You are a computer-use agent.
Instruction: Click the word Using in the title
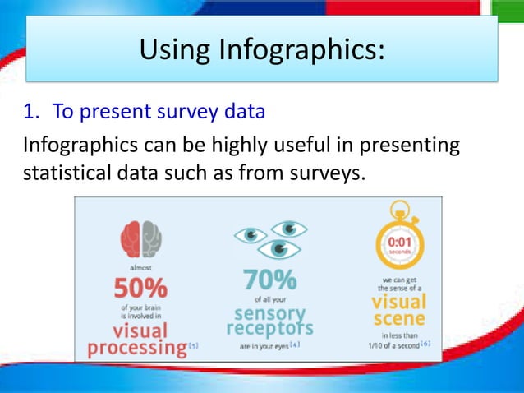173,51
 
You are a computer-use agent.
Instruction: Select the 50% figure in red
140,289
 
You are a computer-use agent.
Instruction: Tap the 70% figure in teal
269,280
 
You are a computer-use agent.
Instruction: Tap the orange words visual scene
399,311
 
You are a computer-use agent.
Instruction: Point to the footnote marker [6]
425,342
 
